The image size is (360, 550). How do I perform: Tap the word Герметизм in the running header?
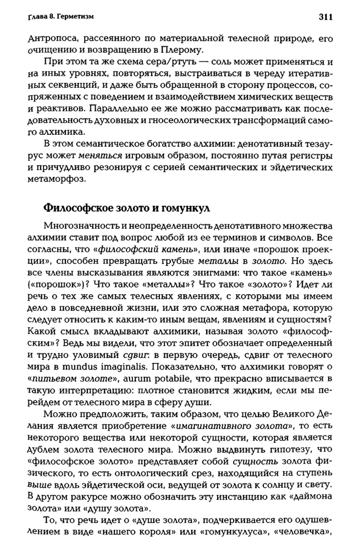[74, 18]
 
